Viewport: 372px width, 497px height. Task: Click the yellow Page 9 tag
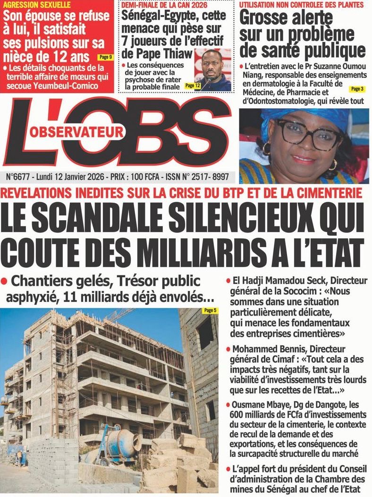pos(105,57)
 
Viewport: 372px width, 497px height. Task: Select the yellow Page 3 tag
pos(356,89)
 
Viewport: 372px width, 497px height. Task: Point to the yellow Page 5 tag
pos(210,310)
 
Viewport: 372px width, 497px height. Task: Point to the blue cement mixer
pos(122,444)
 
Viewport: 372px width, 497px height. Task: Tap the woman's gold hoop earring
pos(266,149)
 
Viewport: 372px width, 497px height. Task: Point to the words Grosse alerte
pos(286,18)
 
